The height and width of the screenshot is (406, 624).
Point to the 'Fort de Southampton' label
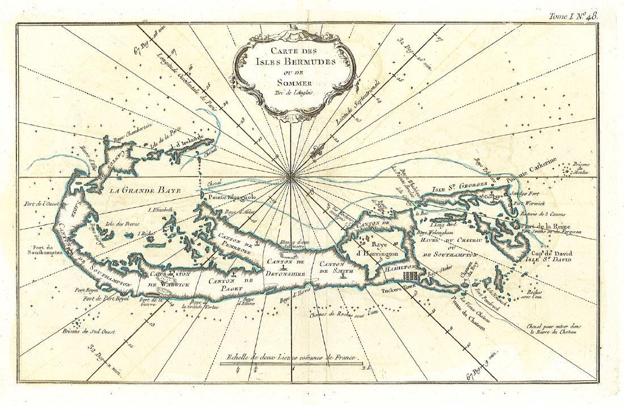point(43,250)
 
